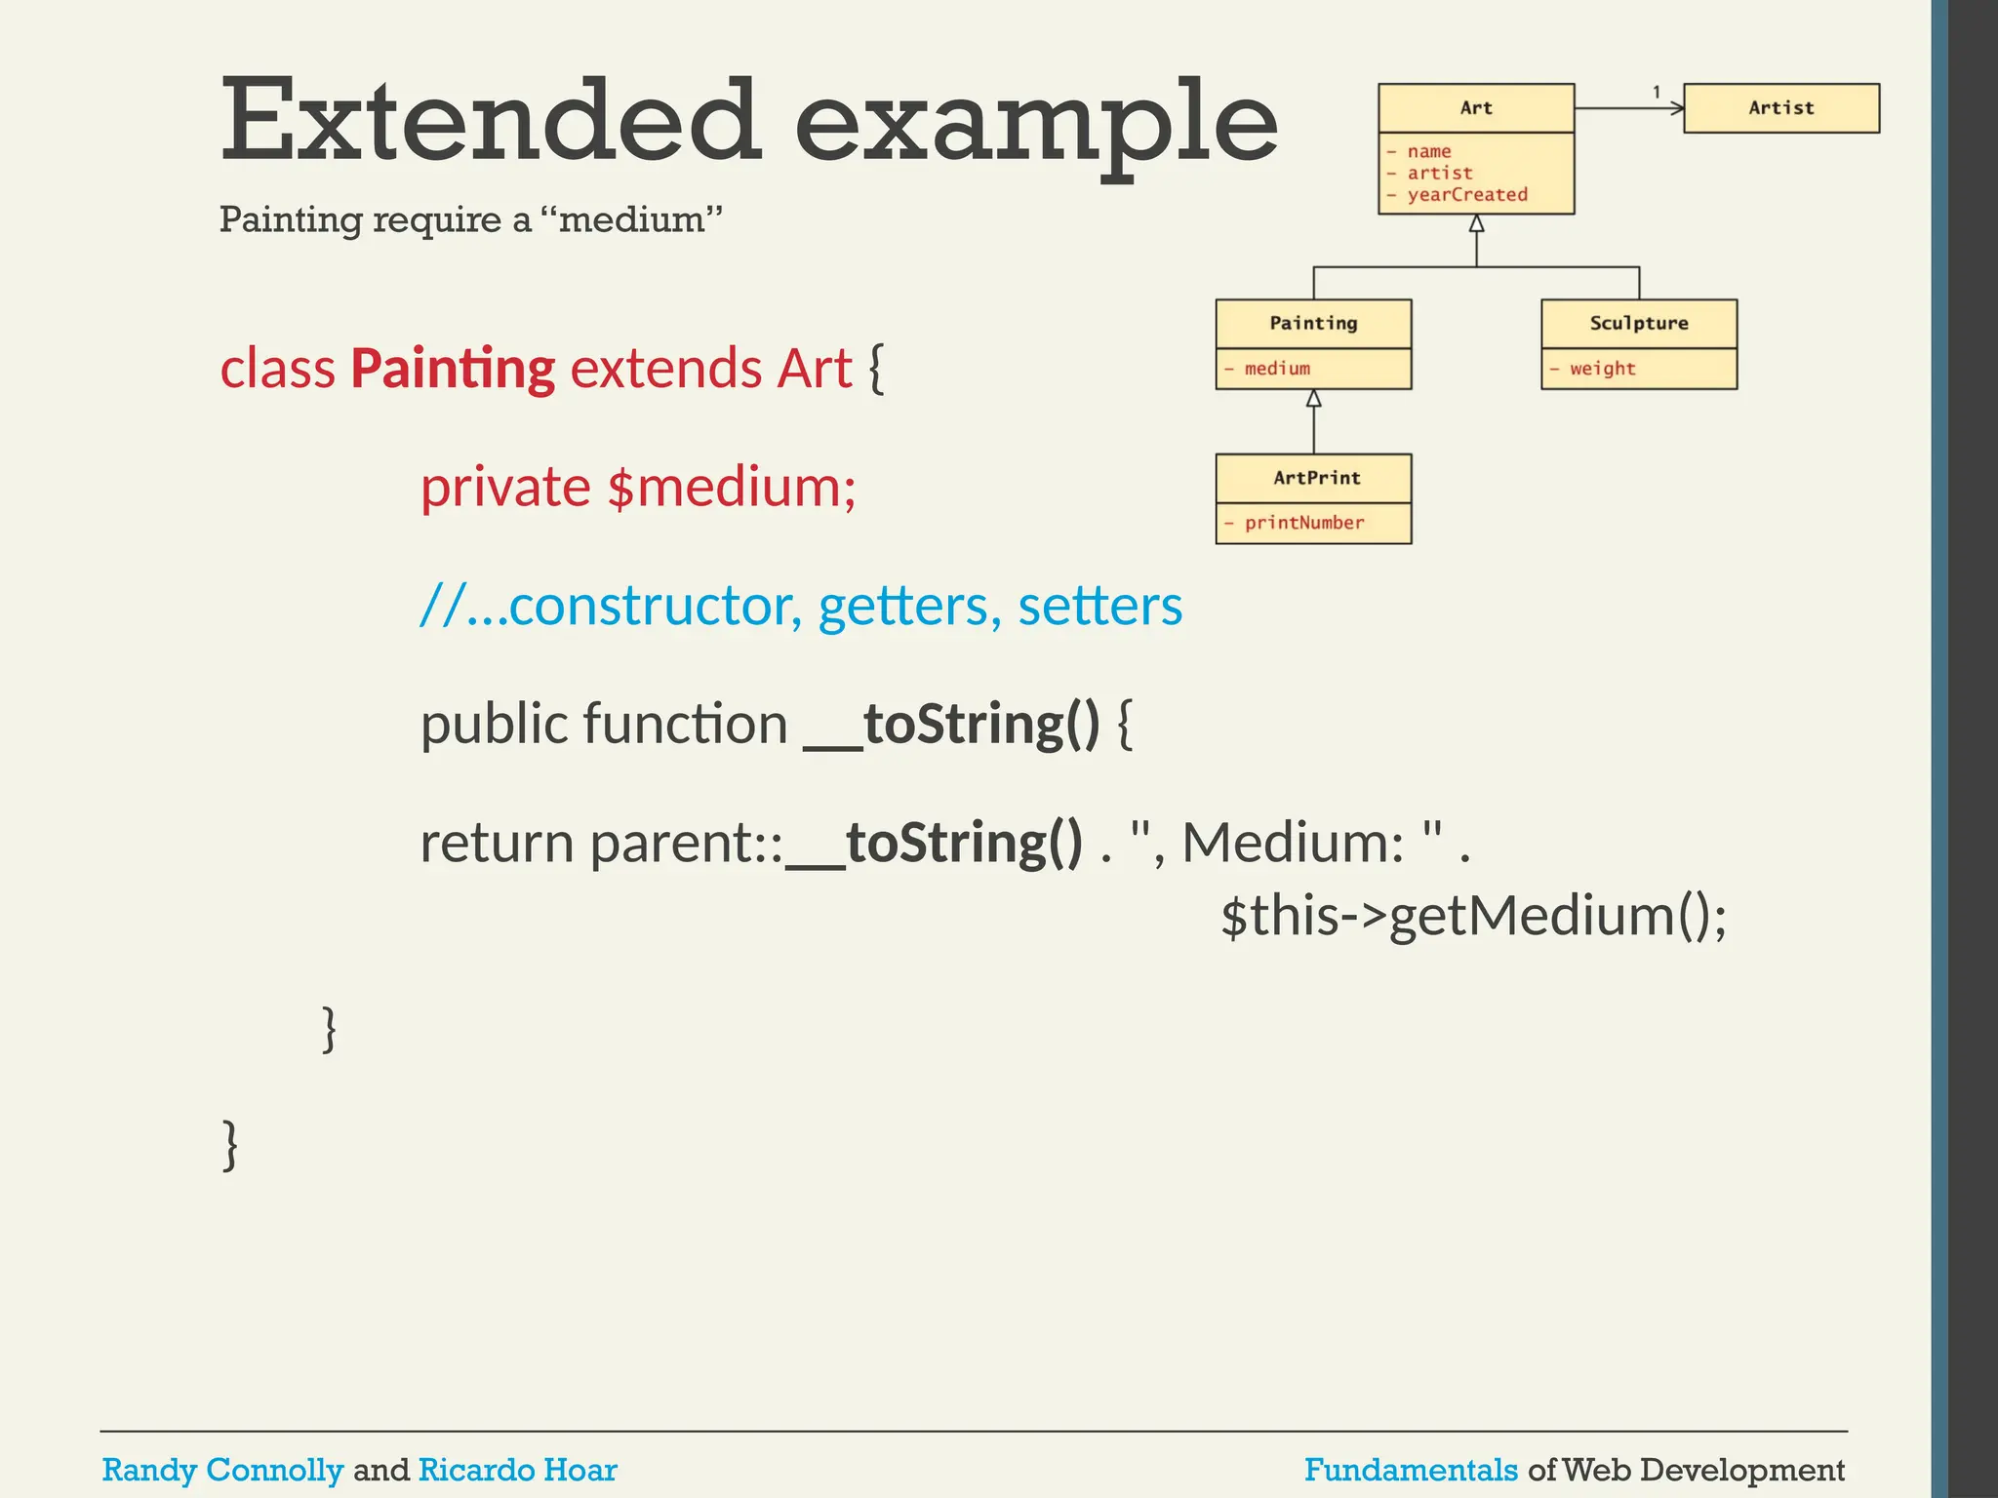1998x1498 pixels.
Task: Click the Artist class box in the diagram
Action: pos(1780,108)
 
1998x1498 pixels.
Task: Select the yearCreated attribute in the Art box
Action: pos(1466,195)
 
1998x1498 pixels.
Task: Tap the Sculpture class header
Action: pos(1638,324)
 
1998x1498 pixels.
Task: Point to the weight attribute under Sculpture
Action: pos(1602,369)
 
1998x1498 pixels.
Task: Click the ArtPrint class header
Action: pos(1315,478)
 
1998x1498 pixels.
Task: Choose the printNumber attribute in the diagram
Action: pos(1303,523)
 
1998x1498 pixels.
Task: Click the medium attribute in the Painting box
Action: pos(1276,369)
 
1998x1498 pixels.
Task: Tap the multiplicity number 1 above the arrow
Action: pos(1656,93)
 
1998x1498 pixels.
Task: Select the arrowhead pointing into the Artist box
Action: pos(1677,108)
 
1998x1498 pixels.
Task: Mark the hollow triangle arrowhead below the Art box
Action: pos(1476,224)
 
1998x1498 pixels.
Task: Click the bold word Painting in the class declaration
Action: pos(453,370)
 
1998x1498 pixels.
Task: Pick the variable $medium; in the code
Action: pos(731,488)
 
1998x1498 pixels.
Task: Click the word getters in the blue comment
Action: pos(903,607)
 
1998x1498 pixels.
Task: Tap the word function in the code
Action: pos(685,725)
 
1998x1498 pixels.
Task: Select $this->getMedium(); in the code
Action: pos(1473,917)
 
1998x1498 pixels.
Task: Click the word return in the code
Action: pos(497,843)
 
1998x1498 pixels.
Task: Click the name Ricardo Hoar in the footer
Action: pos(517,1470)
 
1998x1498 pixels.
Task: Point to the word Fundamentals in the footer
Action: pos(1411,1470)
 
